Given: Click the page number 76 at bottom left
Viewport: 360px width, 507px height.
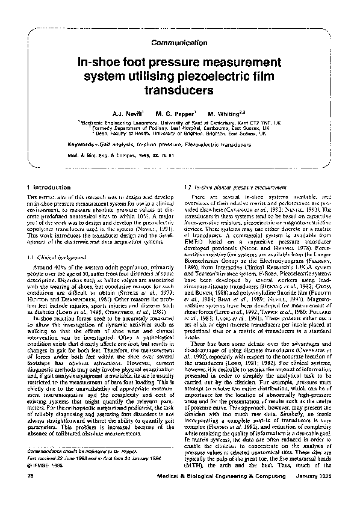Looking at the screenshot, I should [31, 493].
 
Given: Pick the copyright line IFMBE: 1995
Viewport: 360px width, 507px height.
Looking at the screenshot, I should [49, 482].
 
